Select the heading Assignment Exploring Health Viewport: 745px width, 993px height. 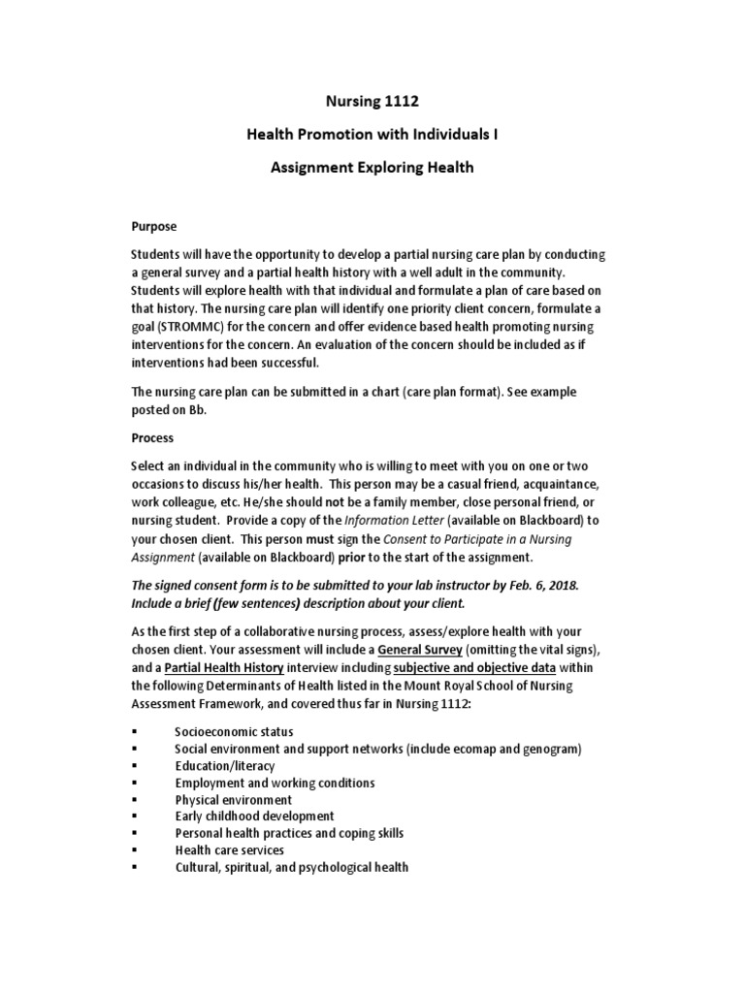point(372,167)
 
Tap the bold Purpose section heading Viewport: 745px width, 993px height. point(154,226)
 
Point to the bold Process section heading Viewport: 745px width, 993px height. point(153,437)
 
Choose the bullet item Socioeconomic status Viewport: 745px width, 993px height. point(234,730)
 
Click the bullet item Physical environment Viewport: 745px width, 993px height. point(233,799)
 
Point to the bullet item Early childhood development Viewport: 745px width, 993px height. point(254,817)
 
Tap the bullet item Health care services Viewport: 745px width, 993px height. point(229,850)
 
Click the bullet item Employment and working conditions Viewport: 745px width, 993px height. point(275,782)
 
